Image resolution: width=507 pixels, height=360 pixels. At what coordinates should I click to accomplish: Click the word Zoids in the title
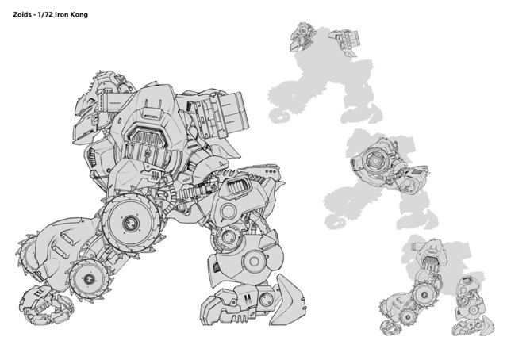pos(21,14)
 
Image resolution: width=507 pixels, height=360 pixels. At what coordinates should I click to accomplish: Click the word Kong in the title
pos(79,15)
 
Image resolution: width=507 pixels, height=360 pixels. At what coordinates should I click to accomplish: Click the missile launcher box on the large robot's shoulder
pos(218,113)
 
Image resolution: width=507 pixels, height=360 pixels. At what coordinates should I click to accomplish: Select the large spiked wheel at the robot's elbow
pos(132,222)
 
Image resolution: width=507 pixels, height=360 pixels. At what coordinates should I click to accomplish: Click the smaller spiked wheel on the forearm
pos(89,278)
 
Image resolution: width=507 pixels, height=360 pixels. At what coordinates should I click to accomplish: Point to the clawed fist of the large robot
pos(46,304)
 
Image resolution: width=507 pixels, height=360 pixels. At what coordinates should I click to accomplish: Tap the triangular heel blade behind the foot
pos(286,300)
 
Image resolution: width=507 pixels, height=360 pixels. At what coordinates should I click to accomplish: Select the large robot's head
pos(94,106)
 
